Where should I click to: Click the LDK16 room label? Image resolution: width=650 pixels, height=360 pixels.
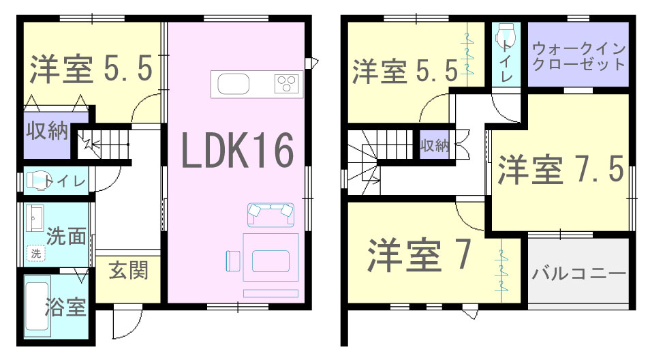(238, 150)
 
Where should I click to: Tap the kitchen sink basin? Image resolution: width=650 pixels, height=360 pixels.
(234, 84)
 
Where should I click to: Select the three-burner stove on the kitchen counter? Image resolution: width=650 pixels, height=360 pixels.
(286, 84)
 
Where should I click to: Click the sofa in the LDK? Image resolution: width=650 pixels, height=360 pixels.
(270, 214)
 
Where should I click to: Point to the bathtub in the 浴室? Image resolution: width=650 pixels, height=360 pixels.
(37, 306)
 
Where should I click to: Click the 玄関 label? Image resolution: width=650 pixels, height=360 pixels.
(128, 271)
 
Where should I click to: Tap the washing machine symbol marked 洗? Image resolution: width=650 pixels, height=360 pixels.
(36, 252)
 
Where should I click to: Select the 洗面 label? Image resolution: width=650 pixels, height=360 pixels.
(66, 236)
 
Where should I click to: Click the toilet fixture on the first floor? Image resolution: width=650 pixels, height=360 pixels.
(36, 181)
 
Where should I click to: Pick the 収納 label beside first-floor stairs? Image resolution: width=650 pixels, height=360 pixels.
(47, 131)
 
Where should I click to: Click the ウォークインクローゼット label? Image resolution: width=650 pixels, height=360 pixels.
(578, 57)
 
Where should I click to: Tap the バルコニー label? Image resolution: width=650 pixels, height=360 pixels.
(578, 273)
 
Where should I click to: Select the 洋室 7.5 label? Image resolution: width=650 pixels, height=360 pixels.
(561, 169)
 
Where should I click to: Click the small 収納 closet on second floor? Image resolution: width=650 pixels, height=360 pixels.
(435, 145)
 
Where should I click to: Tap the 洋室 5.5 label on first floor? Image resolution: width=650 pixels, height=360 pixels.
(91, 68)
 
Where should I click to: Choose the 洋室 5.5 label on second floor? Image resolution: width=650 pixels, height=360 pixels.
(405, 71)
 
